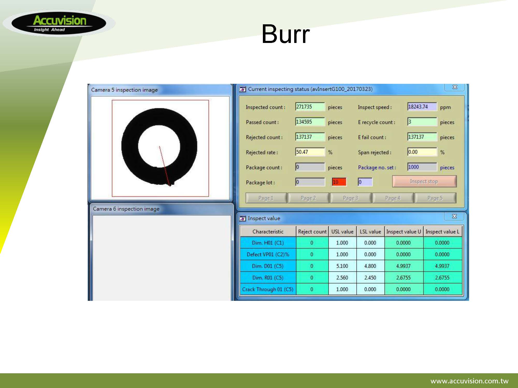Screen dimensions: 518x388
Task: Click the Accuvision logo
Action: tap(59, 23)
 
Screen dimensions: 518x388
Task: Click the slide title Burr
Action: tap(285, 34)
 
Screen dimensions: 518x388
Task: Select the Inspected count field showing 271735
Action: tap(310, 107)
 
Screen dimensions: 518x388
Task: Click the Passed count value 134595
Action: tap(310, 122)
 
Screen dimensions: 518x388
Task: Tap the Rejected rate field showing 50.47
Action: tap(310, 152)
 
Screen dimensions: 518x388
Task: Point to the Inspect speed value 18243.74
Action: tap(422, 107)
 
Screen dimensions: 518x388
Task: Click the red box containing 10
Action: tap(339, 182)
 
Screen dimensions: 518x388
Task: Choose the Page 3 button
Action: tap(350, 198)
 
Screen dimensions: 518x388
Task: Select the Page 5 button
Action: tap(435, 198)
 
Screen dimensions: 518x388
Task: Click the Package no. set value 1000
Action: tap(422, 167)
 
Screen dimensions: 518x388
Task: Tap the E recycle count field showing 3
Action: tap(422, 122)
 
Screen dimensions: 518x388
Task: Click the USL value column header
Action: tap(342, 232)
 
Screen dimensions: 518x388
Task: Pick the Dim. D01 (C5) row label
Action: tap(268, 266)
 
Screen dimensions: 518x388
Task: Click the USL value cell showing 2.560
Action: tap(342, 278)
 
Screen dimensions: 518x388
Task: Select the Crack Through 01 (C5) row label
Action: tap(268, 289)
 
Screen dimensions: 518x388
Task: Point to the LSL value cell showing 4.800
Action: tap(370, 266)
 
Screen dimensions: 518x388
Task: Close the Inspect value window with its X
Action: tap(454, 216)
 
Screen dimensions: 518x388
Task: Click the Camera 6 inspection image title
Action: tap(126, 209)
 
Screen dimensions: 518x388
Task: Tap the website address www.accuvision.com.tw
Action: tap(469, 381)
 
